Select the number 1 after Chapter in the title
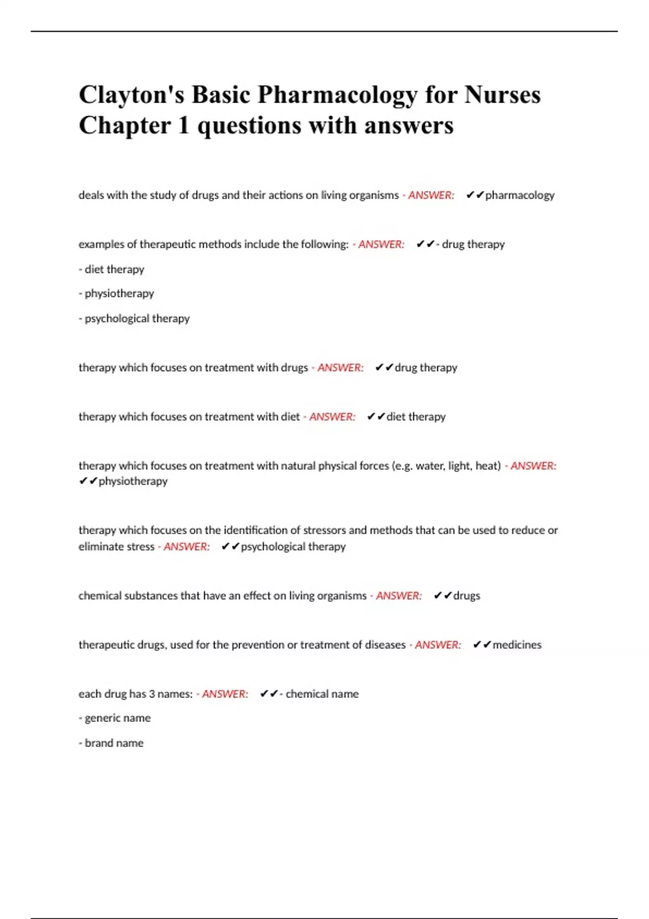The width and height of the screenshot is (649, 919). (x=183, y=125)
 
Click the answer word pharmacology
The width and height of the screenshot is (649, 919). (x=520, y=195)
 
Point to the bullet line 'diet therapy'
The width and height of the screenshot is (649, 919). (x=111, y=269)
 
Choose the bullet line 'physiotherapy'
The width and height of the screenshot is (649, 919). (x=116, y=294)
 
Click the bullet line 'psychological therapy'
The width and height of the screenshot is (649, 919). (x=134, y=318)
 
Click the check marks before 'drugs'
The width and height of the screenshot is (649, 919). (x=442, y=596)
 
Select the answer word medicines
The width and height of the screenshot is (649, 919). (x=516, y=645)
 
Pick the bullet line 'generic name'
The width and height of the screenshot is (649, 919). (x=115, y=718)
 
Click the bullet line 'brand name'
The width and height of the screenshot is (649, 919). (x=111, y=743)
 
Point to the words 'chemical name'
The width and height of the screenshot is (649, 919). (x=322, y=694)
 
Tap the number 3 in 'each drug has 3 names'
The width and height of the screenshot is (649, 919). (x=152, y=694)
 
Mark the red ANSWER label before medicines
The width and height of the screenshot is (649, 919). (x=438, y=645)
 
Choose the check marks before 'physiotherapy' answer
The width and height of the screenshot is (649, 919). (x=88, y=481)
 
